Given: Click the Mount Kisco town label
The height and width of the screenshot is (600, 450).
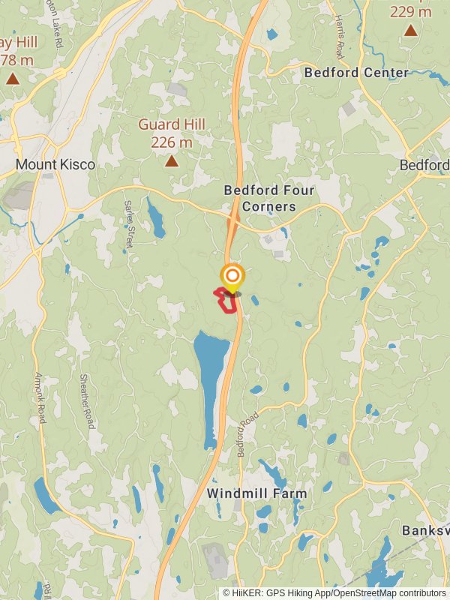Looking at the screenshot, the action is click(x=55, y=164).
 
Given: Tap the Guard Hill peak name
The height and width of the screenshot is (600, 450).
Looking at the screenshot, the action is click(x=172, y=125).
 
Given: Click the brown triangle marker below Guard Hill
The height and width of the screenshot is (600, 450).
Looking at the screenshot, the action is click(x=172, y=160).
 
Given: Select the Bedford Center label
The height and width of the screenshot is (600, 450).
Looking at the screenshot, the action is click(x=356, y=73).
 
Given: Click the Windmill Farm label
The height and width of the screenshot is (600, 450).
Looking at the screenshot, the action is click(x=257, y=493).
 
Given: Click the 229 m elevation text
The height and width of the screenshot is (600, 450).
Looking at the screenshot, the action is click(x=411, y=12).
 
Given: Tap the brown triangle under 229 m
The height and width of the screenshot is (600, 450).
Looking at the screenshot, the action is click(x=411, y=31).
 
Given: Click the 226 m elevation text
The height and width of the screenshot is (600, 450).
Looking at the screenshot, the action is click(x=172, y=142).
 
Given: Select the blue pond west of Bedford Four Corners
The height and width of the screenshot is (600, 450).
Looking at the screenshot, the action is click(x=156, y=217).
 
